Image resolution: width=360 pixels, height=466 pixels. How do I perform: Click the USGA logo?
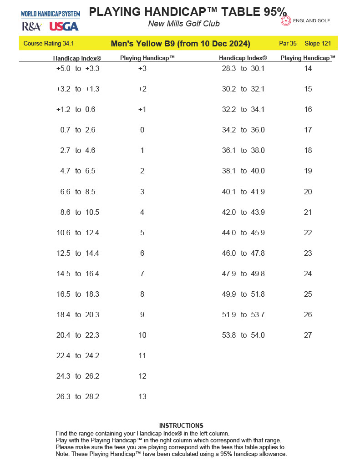pos(64,26)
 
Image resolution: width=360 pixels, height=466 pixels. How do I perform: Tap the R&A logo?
pos(31,26)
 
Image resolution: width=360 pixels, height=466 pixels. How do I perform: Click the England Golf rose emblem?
pos(286,21)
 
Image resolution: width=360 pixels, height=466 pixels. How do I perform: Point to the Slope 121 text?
pos(318,44)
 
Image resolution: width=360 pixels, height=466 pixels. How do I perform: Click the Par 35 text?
pos(288,44)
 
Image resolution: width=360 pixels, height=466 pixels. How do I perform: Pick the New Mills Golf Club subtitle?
pos(184,24)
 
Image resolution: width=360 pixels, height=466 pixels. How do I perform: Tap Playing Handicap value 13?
pos(142,397)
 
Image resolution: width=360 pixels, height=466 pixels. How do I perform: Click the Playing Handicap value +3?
pos(142,69)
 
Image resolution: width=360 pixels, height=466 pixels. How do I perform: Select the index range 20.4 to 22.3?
pos(78,335)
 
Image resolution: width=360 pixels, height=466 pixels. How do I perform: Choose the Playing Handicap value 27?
pos(308,335)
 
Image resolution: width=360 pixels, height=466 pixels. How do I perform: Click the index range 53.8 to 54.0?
pos(243,335)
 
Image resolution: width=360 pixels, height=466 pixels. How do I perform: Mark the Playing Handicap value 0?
pos(142,130)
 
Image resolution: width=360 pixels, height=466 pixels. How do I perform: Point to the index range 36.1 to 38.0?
pos(243,151)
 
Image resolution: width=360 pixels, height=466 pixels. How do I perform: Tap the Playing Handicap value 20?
pos(308,192)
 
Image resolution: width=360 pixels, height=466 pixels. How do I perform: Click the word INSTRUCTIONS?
pos(181,425)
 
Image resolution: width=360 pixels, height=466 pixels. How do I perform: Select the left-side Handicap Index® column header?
pos(77,58)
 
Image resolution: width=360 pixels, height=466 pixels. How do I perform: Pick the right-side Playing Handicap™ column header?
pos(308,58)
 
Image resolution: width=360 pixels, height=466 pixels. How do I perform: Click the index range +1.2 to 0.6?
pos(76,110)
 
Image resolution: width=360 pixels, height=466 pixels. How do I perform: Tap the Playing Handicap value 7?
pos(142,274)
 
